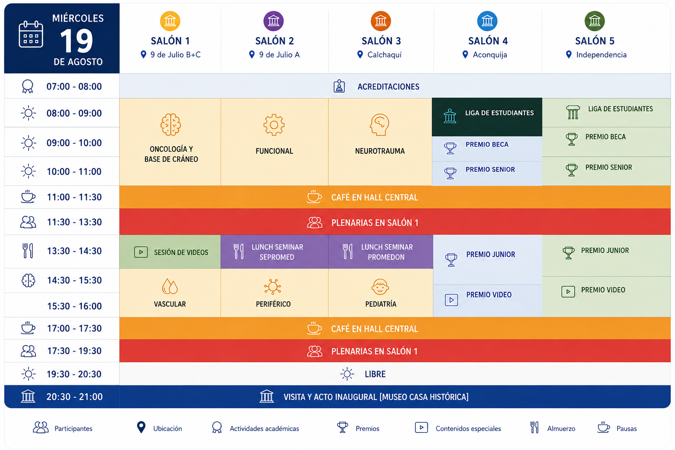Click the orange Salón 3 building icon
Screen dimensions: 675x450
(x=381, y=21)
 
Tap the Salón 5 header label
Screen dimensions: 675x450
(x=595, y=41)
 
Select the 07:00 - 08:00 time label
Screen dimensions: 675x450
(x=74, y=87)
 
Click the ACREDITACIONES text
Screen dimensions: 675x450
(x=388, y=87)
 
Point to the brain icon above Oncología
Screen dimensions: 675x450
(x=171, y=124)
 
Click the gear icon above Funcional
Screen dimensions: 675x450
(x=274, y=124)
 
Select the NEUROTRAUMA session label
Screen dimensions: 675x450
(x=380, y=151)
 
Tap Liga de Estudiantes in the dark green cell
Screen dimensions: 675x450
(x=499, y=113)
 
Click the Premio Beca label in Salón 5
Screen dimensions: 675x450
(x=606, y=137)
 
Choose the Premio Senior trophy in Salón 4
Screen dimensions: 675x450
(x=450, y=173)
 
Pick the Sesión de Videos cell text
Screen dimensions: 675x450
(x=181, y=252)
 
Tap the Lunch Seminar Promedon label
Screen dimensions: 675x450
(x=387, y=252)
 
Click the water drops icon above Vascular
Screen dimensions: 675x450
(x=170, y=286)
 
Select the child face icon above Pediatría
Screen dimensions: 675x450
(x=380, y=287)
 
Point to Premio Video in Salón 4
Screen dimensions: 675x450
(x=489, y=295)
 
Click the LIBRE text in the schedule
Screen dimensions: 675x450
(x=375, y=374)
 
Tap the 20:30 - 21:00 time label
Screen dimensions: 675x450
(x=74, y=397)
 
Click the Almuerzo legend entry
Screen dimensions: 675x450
(x=561, y=428)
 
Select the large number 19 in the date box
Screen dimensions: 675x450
(x=76, y=41)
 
